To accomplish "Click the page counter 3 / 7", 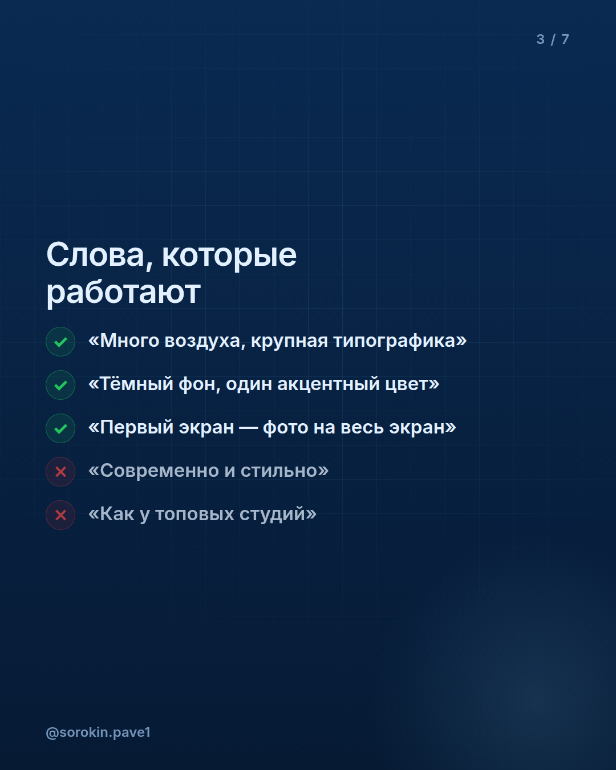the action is point(553,39).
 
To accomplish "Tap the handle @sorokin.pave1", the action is point(98,732).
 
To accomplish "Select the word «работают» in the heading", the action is point(124,293).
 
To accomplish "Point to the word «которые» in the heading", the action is point(229,257).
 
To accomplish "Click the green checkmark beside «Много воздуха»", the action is point(60,342).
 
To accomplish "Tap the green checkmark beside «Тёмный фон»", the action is point(60,385).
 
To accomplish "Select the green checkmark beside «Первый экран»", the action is point(60,428).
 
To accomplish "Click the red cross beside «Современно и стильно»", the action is point(60,472).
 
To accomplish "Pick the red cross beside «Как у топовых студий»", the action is point(60,515).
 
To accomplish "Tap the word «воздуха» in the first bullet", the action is point(205,341).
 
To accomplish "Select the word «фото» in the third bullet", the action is point(285,428).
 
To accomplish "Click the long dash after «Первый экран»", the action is point(249,428).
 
